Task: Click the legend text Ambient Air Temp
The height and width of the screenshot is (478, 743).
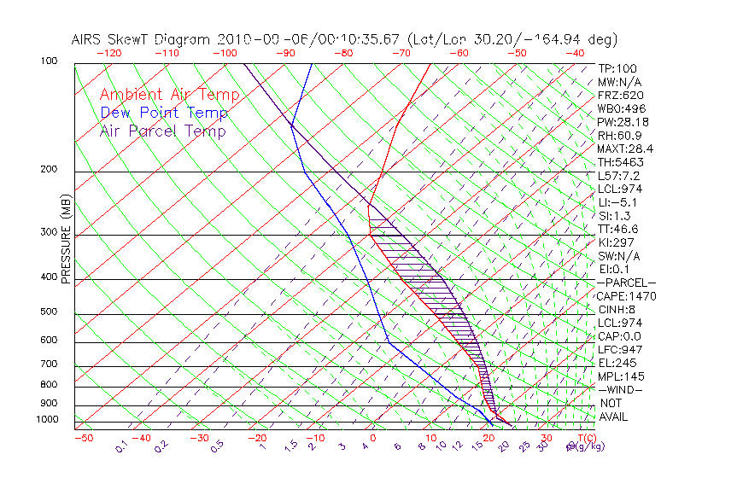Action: (169, 95)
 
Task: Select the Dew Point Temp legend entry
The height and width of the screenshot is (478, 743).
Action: (164, 113)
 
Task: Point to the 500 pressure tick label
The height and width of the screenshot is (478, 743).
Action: (50, 312)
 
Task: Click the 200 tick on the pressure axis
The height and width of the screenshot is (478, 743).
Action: (50, 169)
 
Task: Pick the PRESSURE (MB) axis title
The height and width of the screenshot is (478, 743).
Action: (66, 243)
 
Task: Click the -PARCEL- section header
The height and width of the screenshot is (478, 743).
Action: (626, 283)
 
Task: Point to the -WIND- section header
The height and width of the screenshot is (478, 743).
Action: (619, 389)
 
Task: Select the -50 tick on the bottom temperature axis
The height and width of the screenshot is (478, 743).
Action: (83, 438)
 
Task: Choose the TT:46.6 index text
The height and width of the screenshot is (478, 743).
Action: (618, 229)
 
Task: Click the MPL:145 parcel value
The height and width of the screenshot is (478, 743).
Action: (620, 376)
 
